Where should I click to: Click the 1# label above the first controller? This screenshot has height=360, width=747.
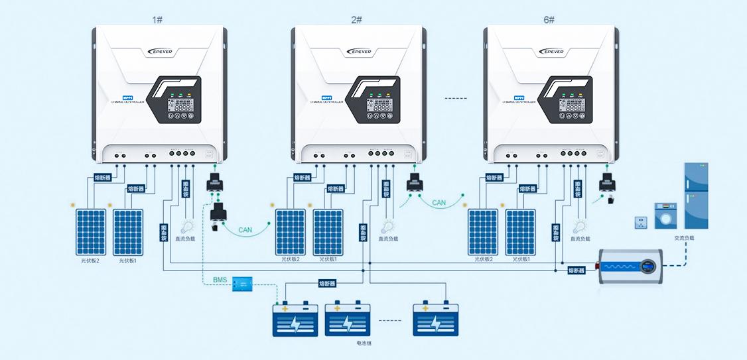coord(157,19)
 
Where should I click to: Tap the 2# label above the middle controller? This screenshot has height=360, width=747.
coord(356,19)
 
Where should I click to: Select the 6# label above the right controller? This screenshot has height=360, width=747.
coord(549,19)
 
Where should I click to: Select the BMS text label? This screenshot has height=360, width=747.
coord(220,280)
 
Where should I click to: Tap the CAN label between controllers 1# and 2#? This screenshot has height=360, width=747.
coord(245,230)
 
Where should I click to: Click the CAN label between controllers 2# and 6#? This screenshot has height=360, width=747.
coord(439,203)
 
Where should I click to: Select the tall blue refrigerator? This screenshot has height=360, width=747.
coord(696,196)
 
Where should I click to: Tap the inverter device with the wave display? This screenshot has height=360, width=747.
coord(630,267)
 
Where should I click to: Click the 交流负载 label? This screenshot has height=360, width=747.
coord(684,238)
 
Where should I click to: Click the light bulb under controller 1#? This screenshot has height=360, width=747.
coord(185,227)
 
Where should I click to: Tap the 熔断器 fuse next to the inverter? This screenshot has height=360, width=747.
coord(577,270)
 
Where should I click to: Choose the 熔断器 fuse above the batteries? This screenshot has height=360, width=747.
coord(327,283)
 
